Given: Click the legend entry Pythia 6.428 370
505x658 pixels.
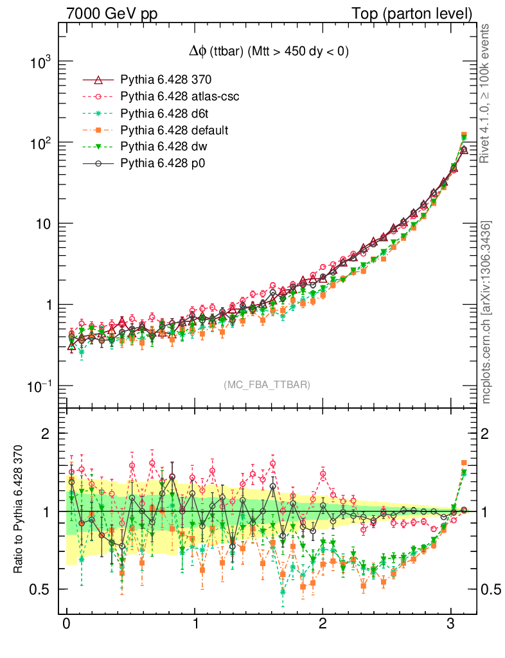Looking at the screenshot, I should coord(166,80).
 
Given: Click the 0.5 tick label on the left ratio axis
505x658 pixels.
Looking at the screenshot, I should coord(40,589).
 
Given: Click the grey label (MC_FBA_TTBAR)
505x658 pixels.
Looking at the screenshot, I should coord(267,384).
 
